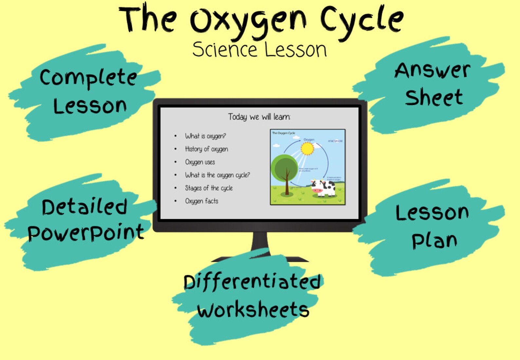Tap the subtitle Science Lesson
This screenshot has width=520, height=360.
pyautogui.click(x=259, y=50)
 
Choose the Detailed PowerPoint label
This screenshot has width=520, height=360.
pyautogui.click(x=85, y=220)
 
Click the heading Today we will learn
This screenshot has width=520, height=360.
pyautogui.click(x=259, y=117)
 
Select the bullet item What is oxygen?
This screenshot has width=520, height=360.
pyautogui.click(x=205, y=136)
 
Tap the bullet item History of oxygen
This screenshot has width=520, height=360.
pyautogui.click(x=206, y=149)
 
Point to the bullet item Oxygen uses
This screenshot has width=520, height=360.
pyautogui.click(x=200, y=162)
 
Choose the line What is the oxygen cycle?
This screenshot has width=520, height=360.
pyautogui.click(x=217, y=175)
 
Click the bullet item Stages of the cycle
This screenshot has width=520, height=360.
pyautogui.click(x=209, y=188)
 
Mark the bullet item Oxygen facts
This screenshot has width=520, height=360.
pyautogui.click(x=202, y=201)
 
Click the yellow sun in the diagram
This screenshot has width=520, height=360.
pyautogui.click(x=307, y=149)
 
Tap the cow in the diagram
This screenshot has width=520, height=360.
pyautogui.click(x=324, y=188)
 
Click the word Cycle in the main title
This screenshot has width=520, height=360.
pyautogui.click(x=362, y=20)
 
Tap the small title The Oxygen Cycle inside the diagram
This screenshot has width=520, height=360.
pyautogui.click(x=284, y=133)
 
